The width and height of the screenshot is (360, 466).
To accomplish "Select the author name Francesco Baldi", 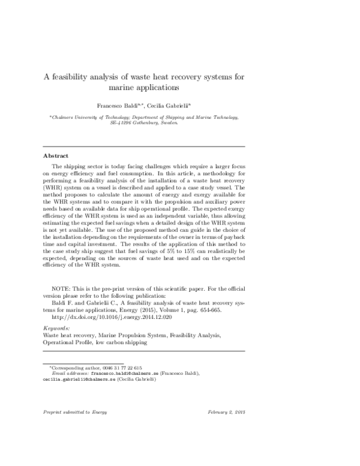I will click(132, 105).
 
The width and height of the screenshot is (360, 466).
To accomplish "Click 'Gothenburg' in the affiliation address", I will click(149, 123).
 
